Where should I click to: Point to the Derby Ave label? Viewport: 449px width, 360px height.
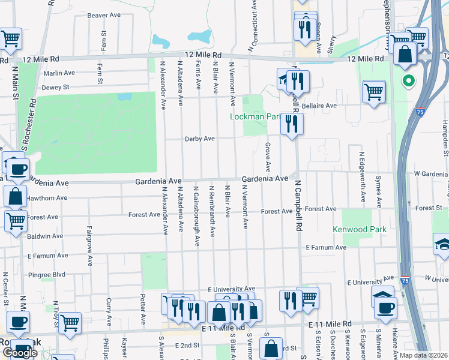[x=200, y=139]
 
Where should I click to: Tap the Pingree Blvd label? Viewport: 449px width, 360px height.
[x=46, y=275]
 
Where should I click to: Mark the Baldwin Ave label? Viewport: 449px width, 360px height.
[x=45, y=236]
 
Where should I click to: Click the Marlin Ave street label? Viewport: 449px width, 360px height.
[x=59, y=73]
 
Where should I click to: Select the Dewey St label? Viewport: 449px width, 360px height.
[x=56, y=87]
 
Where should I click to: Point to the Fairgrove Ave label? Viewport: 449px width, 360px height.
[x=89, y=245]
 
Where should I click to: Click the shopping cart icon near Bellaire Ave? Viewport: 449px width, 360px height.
[x=374, y=92]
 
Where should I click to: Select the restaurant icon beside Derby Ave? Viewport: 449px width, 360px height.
[x=292, y=124]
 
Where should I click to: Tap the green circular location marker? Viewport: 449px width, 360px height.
[x=408, y=80]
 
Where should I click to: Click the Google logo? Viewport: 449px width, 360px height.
[x=19, y=353]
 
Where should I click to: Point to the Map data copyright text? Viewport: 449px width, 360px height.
[x=424, y=355]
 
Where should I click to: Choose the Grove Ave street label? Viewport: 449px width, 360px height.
[x=268, y=156]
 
